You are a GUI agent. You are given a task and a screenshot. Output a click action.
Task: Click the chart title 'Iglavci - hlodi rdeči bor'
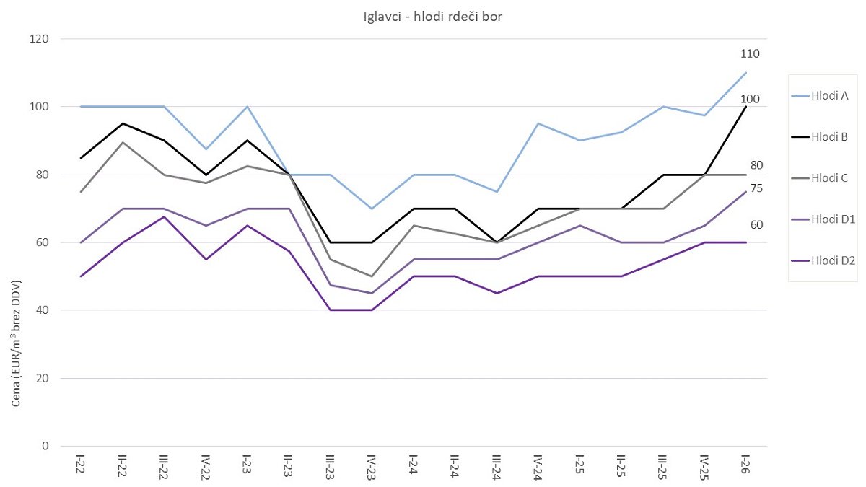433,17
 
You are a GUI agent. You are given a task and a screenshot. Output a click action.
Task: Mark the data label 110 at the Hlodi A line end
750,53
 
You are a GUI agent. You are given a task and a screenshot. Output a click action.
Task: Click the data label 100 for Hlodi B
750,99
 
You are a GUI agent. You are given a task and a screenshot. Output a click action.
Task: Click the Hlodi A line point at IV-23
372,209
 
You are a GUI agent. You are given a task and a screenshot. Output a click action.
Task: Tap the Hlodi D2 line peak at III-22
164,216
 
